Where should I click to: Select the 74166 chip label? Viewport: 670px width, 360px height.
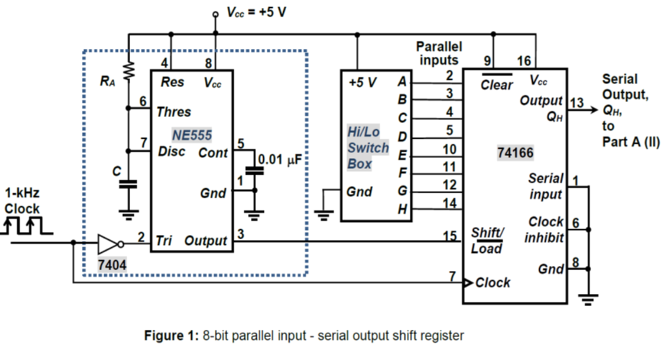515,152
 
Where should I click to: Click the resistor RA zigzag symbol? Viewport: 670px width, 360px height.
129,70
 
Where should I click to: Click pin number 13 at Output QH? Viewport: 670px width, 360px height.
576,101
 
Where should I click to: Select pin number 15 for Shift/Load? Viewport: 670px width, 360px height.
450,234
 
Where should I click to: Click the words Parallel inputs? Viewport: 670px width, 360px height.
439,52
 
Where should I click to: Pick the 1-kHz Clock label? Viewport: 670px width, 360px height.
22,200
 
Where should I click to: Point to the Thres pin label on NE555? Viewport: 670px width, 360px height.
173,111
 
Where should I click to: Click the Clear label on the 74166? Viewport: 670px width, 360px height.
497,85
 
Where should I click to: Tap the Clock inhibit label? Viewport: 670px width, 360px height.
546,229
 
